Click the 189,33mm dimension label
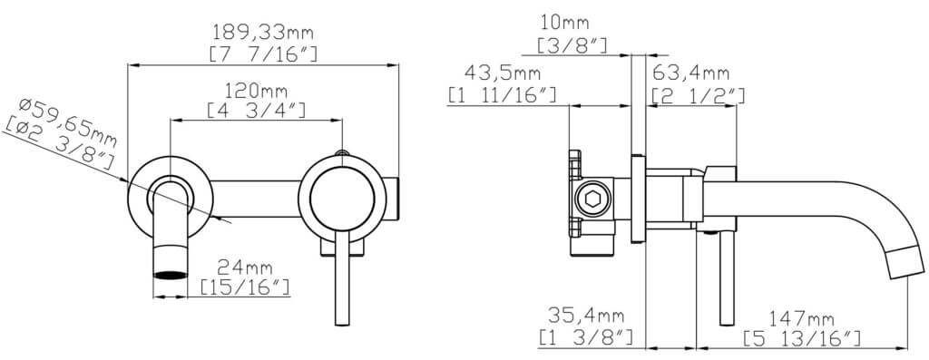click(263, 30)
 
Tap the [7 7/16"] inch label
click(264, 54)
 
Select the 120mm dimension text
click(256, 92)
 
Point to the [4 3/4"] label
click(256, 110)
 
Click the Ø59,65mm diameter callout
click(67, 122)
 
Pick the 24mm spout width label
click(245, 268)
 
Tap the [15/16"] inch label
click(245, 287)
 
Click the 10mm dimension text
click(564, 23)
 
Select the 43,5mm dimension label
click(503, 73)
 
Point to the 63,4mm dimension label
click(690, 73)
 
